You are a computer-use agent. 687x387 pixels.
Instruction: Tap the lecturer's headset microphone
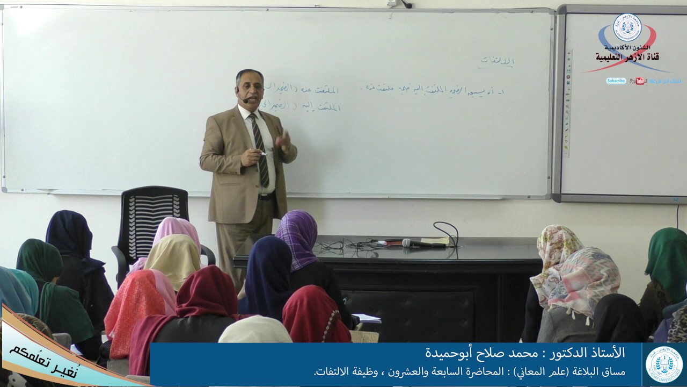[x=245, y=100]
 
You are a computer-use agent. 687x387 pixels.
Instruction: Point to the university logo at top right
[x=627, y=28]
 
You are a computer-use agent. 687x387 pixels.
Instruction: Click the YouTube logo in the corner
[x=638, y=81]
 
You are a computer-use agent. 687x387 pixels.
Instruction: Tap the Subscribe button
[x=616, y=81]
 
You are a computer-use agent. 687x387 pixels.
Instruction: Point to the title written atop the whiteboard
[x=497, y=62]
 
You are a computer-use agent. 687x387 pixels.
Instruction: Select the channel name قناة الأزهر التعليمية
[x=627, y=56]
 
